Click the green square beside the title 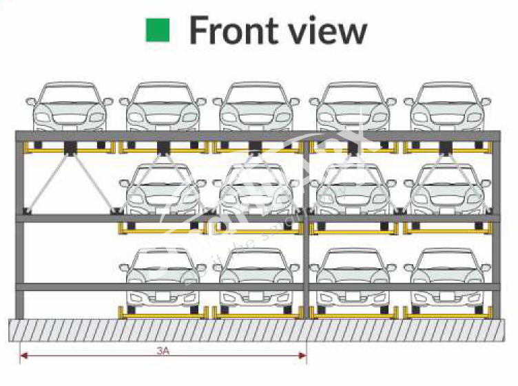(158, 30)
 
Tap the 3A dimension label (163, 350)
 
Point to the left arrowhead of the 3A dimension (23, 356)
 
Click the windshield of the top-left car (69, 94)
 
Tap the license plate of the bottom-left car (163, 297)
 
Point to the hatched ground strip (258, 330)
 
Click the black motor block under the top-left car (70, 147)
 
